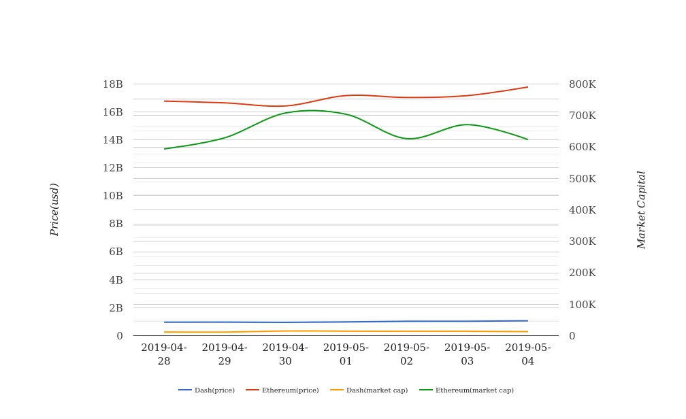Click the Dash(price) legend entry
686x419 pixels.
click(207, 390)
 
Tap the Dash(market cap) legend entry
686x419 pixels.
click(370, 390)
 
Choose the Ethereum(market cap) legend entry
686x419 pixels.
click(467, 390)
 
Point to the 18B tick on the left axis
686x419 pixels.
click(113, 84)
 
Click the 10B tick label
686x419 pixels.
click(113, 196)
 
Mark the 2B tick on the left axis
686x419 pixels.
click(116, 308)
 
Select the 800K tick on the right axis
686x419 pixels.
click(583, 84)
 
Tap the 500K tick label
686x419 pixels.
click(583, 179)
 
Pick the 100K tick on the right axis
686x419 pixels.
click(583, 305)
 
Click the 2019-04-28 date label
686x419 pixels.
click(164, 354)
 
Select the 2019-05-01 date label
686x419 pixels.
click(346, 354)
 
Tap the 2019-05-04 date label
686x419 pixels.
click(528, 354)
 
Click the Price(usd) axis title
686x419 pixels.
click(55, 209)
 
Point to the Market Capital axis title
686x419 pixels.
click(642, 209)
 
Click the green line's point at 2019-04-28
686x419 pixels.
click(164, 149)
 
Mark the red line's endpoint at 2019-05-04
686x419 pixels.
click(528, 87)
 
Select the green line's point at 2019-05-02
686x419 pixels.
click(407, 139)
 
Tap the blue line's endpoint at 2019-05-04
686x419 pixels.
click(528, 321)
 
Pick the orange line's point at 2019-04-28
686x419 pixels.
click(164, 332)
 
